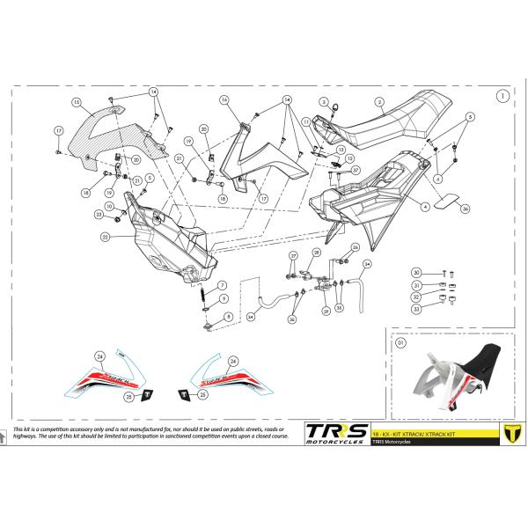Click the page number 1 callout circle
click(501, 96)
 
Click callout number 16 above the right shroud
click(224, 100)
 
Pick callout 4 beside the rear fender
click(425, 206)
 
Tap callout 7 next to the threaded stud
click(223, 285)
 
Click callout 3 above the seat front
click(324, 102)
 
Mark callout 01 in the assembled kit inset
click(400, 342)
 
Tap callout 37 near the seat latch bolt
click(356, 170)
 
